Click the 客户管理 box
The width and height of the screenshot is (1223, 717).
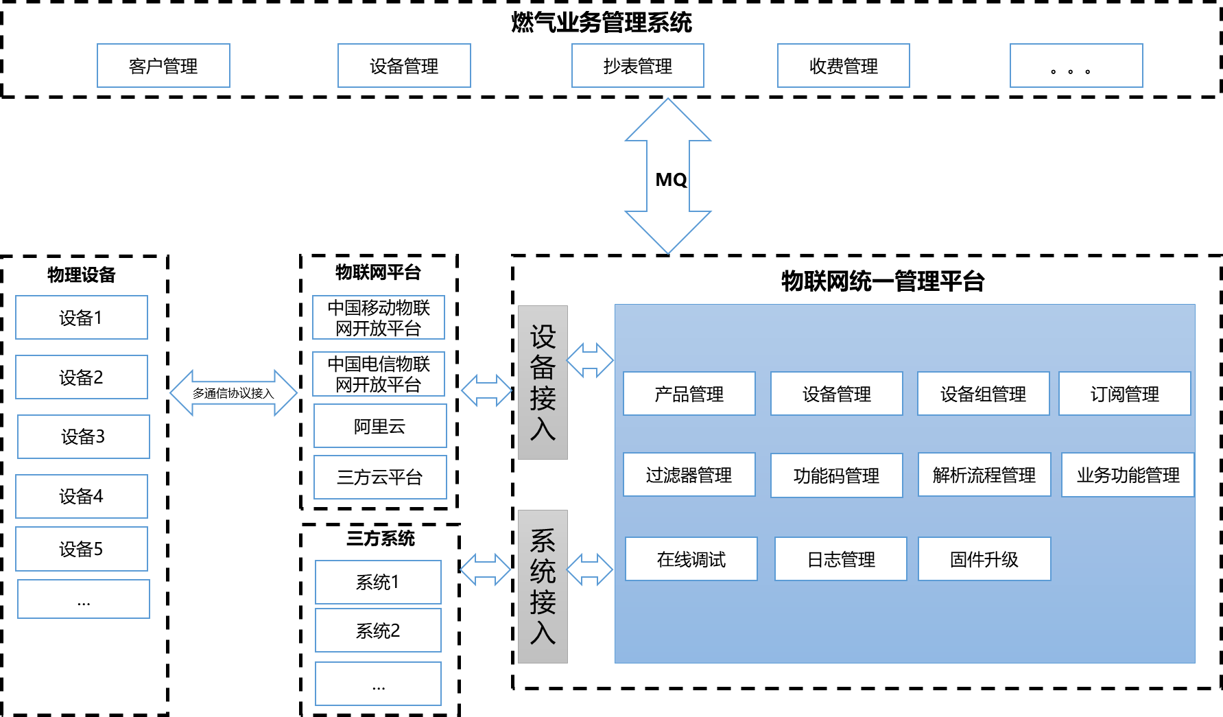tap(163, 66)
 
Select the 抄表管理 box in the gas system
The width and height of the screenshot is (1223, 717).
tap(638, 66)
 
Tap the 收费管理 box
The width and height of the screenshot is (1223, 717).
tap(844, 66)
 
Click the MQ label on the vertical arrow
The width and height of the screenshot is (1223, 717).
tap(671, 180)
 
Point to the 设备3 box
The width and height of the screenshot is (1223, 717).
tap(84, 436)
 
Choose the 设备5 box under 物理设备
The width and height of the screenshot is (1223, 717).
tap(82, 549)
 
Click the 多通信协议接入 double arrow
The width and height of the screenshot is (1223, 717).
tap(233, 393)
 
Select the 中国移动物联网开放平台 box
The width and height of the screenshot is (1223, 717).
tap(379, 318)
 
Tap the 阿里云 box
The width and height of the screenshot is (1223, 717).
tap(380, 426)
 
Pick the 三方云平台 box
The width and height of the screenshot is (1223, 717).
tap(380, 478)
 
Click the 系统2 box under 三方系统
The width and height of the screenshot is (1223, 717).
tap(378, 631)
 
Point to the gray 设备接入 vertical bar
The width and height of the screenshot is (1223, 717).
tap(543, 382)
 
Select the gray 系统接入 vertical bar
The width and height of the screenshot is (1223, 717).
tap(543, 587)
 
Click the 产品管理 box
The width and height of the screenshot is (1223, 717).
tap(689, 394)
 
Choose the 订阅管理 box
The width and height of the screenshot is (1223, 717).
tap(1125, 394)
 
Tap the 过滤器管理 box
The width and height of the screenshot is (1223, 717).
tap(689, 475)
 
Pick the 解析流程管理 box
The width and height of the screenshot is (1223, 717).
tap(984, 475)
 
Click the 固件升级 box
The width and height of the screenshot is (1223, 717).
tap(984, 559)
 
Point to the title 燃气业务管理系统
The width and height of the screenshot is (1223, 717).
tap(602, 23)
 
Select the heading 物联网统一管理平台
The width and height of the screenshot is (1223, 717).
tap(883, 281)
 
